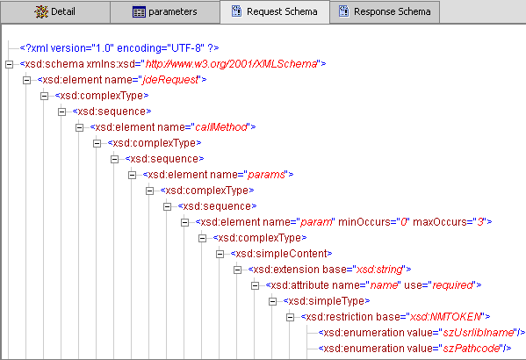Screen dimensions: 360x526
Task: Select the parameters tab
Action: point(164,12)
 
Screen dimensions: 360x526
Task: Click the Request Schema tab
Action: point(274,12)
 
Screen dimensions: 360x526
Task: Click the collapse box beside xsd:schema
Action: point(9,64)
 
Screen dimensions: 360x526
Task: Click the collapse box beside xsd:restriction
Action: point(291,317)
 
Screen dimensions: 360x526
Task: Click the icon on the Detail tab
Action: point(40,12)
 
